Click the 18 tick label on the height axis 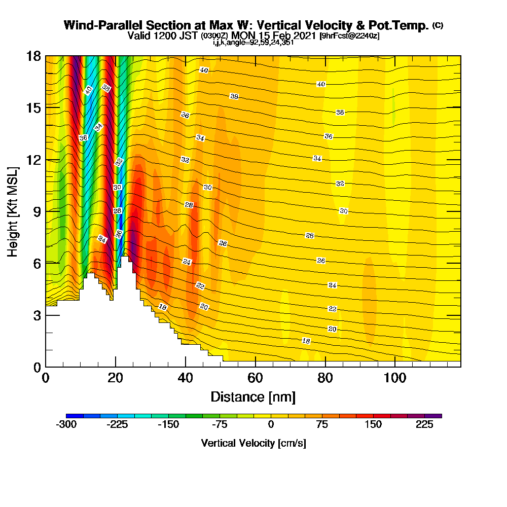[x=33, y=56]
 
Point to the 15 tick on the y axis [x=33, y=108]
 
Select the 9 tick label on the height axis [x=37, y=212]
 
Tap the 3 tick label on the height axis [x=37, y=316]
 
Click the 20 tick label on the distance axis [x=116, y=378]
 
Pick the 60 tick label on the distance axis [x=256, y=378]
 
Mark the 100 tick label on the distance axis [x=395, y=378]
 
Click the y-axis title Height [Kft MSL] [x=13, y=212]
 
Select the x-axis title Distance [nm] [x=253, y=397]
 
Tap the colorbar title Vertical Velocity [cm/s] [x=253, y=443]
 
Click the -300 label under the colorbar [x=66, y=424]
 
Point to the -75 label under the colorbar [x=220, y=424]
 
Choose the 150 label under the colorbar [x=373, y=424]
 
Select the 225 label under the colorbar [x=424, y=424]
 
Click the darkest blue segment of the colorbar [x=75, y=416]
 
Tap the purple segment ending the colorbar [x=433, y=416]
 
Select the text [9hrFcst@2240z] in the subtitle [x=349, y=35]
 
